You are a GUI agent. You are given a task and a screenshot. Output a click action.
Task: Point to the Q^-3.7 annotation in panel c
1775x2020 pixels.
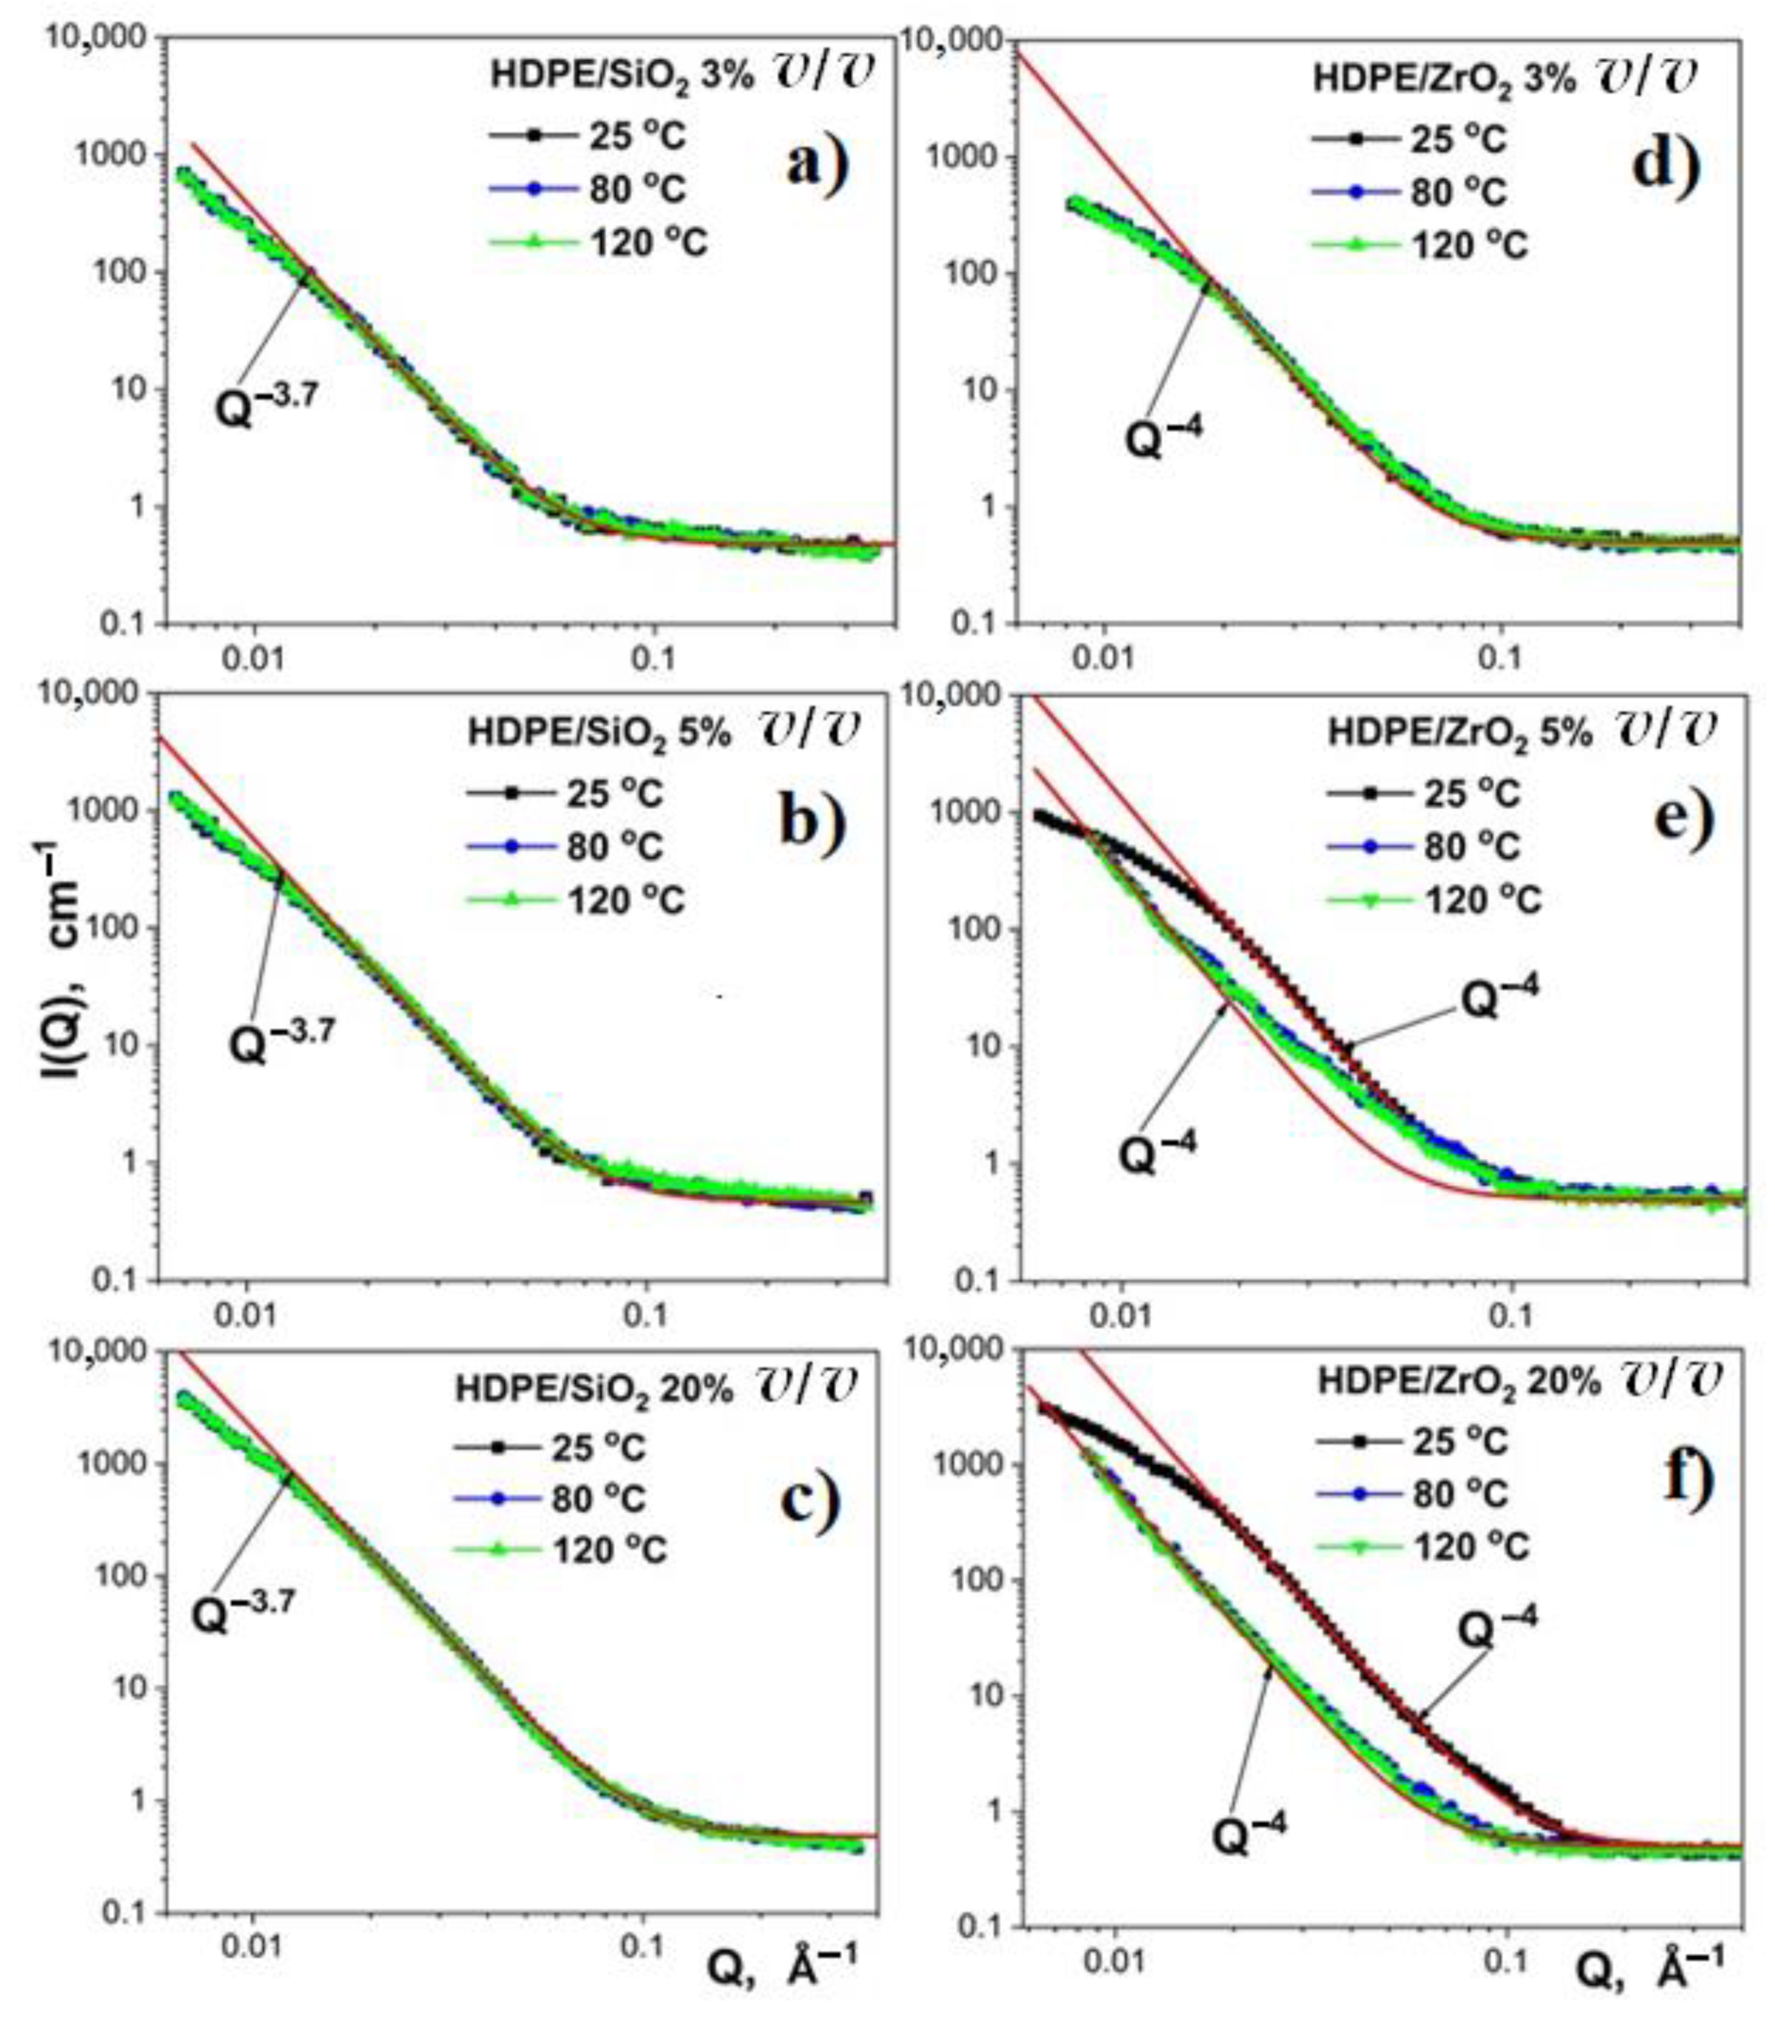(x=243, y=1613)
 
